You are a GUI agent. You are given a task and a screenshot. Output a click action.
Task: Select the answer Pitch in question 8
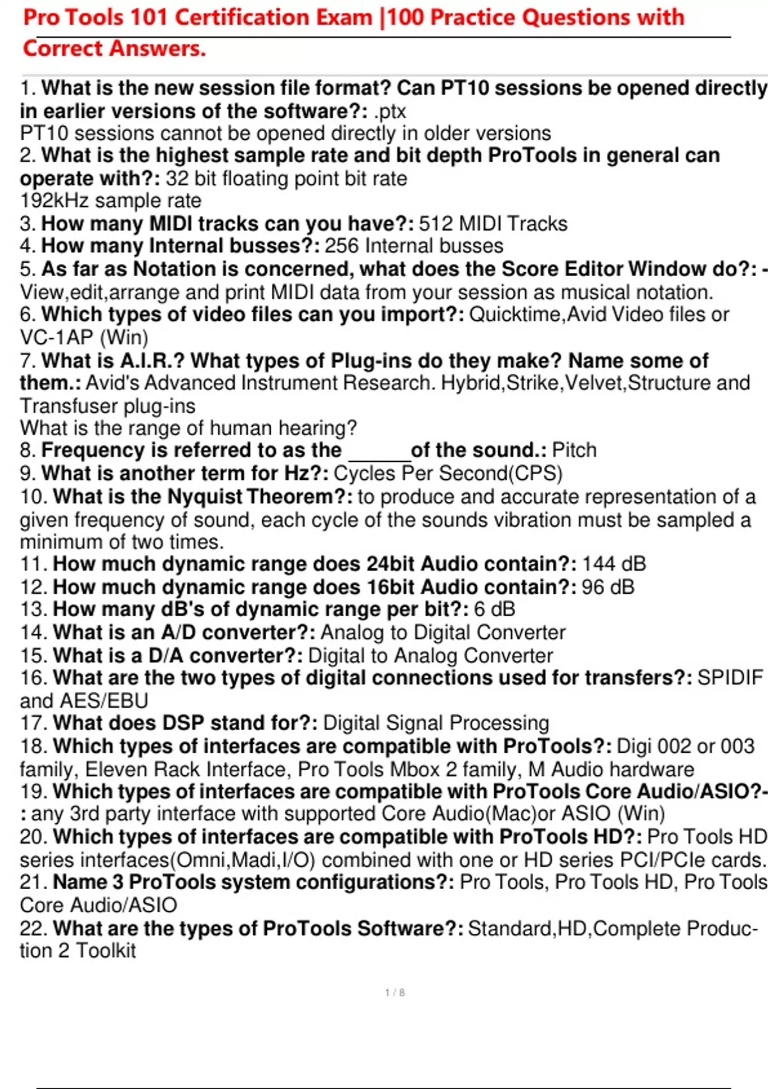coord(574,450)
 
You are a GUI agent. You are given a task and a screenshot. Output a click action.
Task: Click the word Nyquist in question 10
coord(205,496)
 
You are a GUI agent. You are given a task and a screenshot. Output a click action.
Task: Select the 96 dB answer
coord(608,587)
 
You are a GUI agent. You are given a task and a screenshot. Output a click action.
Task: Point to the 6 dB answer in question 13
coord(494,609)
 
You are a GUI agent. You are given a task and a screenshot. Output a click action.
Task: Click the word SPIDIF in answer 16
coord(730,678)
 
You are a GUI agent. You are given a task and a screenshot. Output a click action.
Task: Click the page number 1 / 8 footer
coord(395,993)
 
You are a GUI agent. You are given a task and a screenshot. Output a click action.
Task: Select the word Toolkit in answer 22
coord(106,951)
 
